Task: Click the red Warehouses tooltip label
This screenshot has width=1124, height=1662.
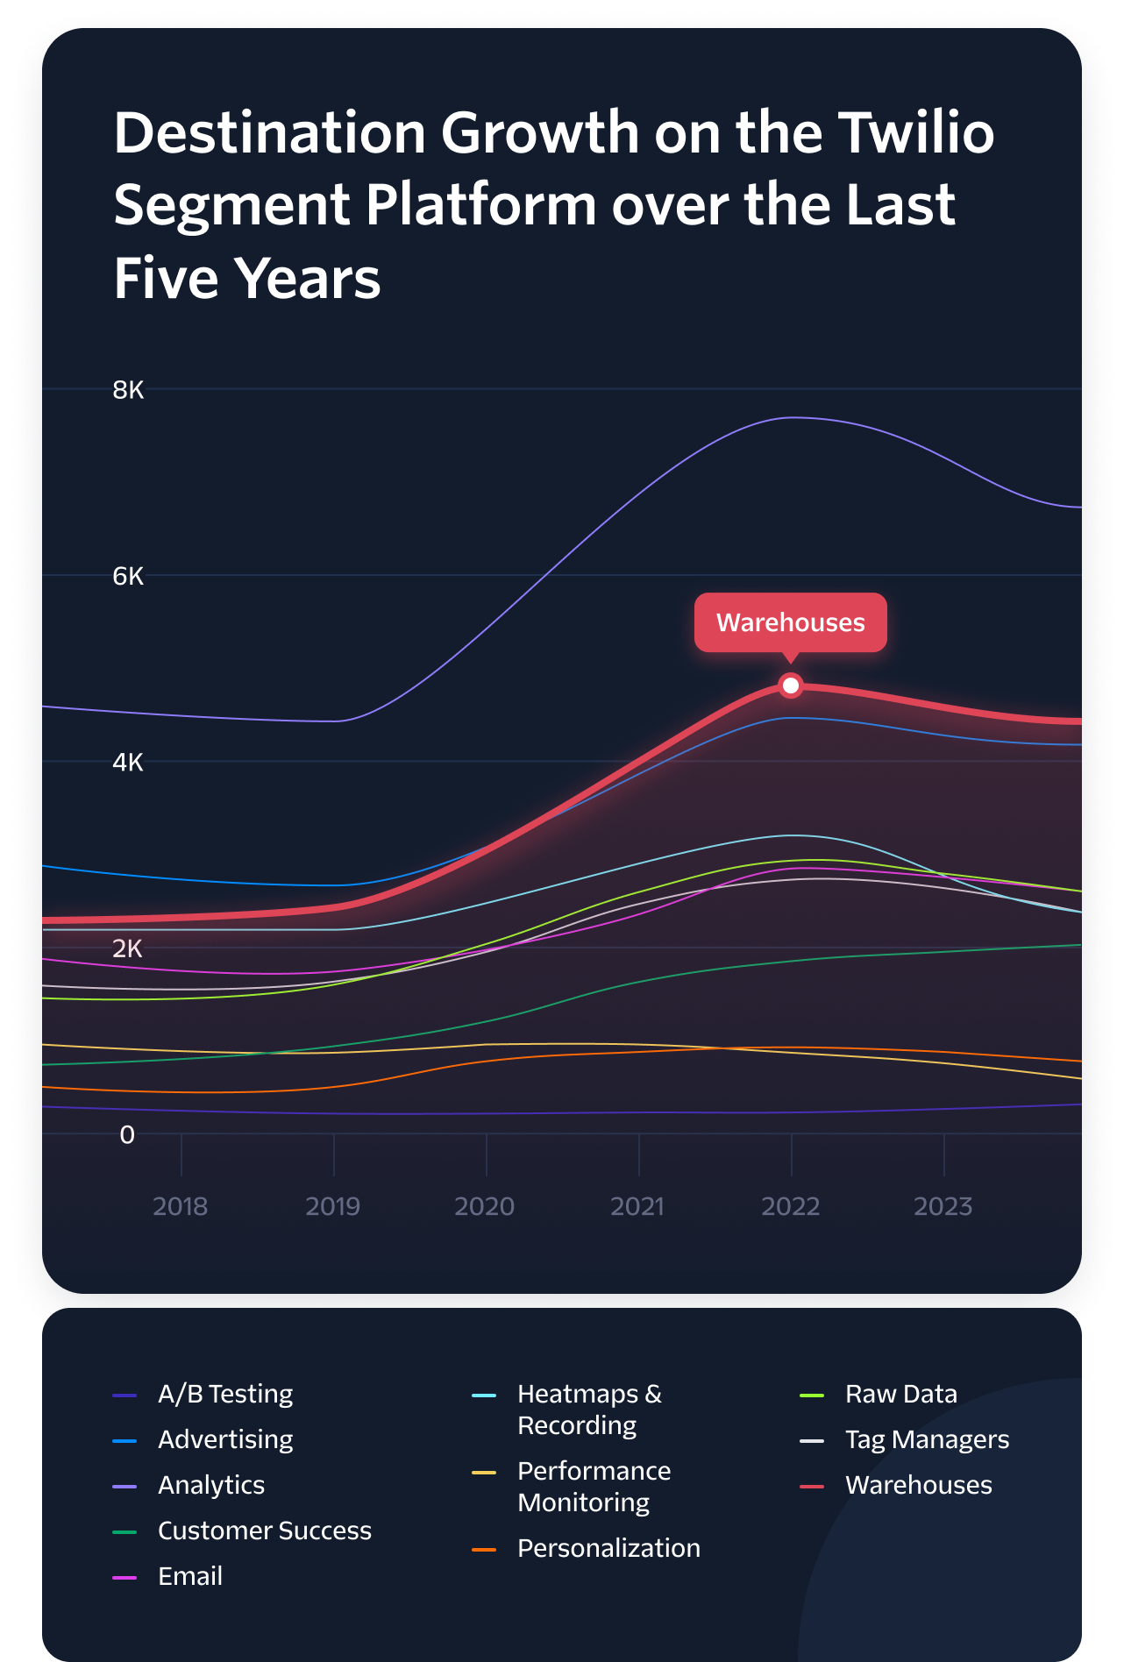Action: (790, 622)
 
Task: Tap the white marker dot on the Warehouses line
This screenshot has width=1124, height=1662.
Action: (791, 685)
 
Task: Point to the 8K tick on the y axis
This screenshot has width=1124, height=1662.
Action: (128, 390)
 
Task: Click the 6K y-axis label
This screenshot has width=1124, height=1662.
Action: (128, 577)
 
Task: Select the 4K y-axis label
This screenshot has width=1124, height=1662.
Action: (128, 763)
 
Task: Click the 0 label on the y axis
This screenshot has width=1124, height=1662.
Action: (127, 1135)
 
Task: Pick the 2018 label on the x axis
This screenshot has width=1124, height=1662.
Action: (181, 1206)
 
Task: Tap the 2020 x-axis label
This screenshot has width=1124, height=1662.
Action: (485, 1206)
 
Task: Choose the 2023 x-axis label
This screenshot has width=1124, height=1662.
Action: (943, 1206)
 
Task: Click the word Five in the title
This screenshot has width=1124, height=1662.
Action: (166, 279)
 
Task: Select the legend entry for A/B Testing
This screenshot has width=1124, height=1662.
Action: (225, 1394)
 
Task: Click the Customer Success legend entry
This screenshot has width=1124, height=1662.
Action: (264, 1531)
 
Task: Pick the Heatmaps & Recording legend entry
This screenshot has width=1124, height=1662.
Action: (589, 1410)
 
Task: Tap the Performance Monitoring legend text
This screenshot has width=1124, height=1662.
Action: (594, 1487)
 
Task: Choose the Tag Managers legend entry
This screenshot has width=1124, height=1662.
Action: (927, 1439)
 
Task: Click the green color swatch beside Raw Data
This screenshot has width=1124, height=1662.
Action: (812, 1395)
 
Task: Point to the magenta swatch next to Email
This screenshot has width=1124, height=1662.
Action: (124, 1577)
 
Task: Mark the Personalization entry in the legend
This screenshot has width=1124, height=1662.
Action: (608, 1548)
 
